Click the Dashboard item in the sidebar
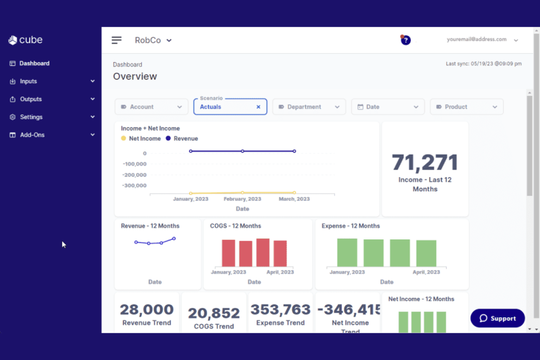pos(34,63)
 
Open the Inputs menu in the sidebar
pos(28,81)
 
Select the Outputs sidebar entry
pos(31,99)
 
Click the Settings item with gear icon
pos(31,117)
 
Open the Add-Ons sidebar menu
pos(32,135)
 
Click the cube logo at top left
pos(25,40)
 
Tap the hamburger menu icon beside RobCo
pos(117,40)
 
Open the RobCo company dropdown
pos(153,40)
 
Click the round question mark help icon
pos(406,40)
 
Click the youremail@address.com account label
pos(476,40)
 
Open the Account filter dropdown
pos(151,107)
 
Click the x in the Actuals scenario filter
pos(258,107)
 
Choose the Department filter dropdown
pos(309,107)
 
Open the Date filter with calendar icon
pos(388,107)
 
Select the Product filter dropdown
pos(466,107)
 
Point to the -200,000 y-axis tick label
pos(134,175)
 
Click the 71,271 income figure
pos(425,163)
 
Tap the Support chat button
pos(497,318)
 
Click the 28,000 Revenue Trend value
pos(147,310)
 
